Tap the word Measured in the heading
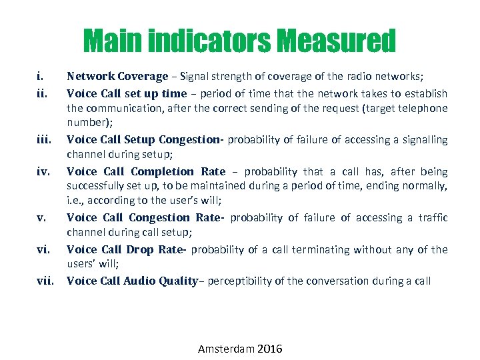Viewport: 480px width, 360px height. pos(337,41)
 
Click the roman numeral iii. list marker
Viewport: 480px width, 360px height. pos(43,140)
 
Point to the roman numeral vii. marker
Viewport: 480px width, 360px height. pos(45,281)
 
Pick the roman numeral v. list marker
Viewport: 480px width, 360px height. pos(41,217)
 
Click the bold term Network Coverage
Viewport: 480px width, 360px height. pos(117,77)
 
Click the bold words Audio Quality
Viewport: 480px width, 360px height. pos(160,281)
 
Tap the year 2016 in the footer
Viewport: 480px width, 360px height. pos(268,349)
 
